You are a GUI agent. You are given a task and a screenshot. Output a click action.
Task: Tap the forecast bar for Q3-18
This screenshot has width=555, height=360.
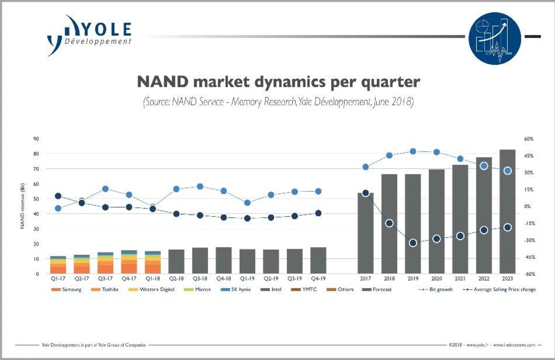click(x=200, y=261)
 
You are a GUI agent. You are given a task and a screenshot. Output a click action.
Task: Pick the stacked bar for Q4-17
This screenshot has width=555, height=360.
click(x=129, y=262)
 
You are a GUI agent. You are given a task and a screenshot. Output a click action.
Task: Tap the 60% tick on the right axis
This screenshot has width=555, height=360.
click(x=528, y=139)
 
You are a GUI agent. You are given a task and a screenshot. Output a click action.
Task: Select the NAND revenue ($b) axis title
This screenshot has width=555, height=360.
click(x=21, y=206)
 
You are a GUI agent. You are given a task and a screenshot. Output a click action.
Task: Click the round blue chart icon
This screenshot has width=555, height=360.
click(x=495, y=39)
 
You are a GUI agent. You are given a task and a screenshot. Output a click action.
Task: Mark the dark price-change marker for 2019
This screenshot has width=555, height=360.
click(x=413, y=243)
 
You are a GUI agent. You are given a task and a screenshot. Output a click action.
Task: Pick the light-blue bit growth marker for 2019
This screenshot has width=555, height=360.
click(x=413, y=151)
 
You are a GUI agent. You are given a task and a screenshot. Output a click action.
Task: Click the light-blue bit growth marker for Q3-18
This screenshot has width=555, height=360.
click(x=200, y=187)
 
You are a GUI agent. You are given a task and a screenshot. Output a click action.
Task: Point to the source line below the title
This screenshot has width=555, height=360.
click(x=278, y=102)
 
